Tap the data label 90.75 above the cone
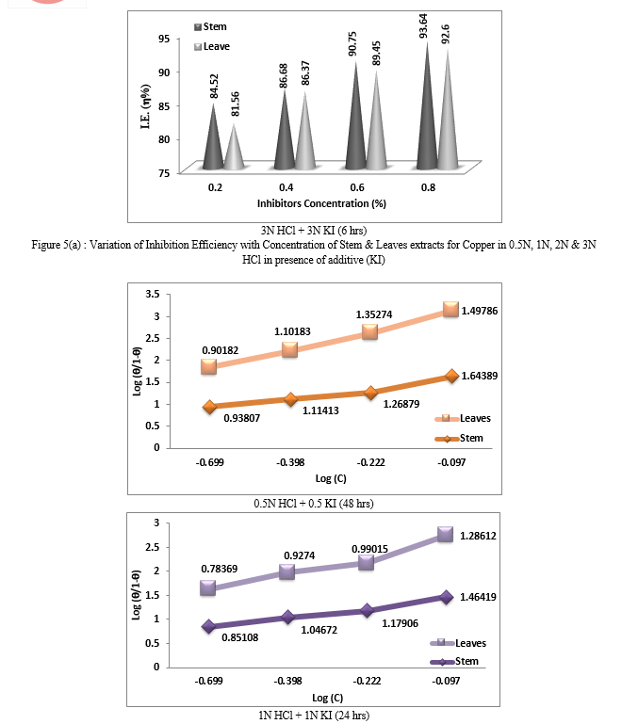pyautogui.click(x=352, y=44)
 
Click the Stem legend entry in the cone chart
pyautogui.click(x=211, y=26)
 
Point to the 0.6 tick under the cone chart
pyautogui.click(x=357, y=187)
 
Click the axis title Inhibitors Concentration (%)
pyautogui.click(x=321, y=203)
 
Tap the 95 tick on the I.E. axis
pyautogui.click(x=164, y=39)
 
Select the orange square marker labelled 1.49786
pyautogui.click(x=450, y=310)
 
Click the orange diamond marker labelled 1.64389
pyautogui.click(x=452, y=377)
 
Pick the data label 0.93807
pyautogui.click(x=241, y=418)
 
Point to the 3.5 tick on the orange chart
pyautogui.click(x=153, y=294)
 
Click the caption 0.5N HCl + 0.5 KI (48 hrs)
pyautogui.click(x=314, y=504)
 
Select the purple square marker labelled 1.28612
pyautogui.click(x=445, y=534)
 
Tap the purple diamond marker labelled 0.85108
pyautogui.click(x=209, y=627)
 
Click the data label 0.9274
pyautogui.click(x=300, y=555)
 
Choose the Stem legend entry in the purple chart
pyautogui.click(x=454, y=661)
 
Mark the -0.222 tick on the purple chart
pyautogui.click(x=367, y=681)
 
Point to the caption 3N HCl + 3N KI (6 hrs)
pyautogui.click(x=314, y=230)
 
